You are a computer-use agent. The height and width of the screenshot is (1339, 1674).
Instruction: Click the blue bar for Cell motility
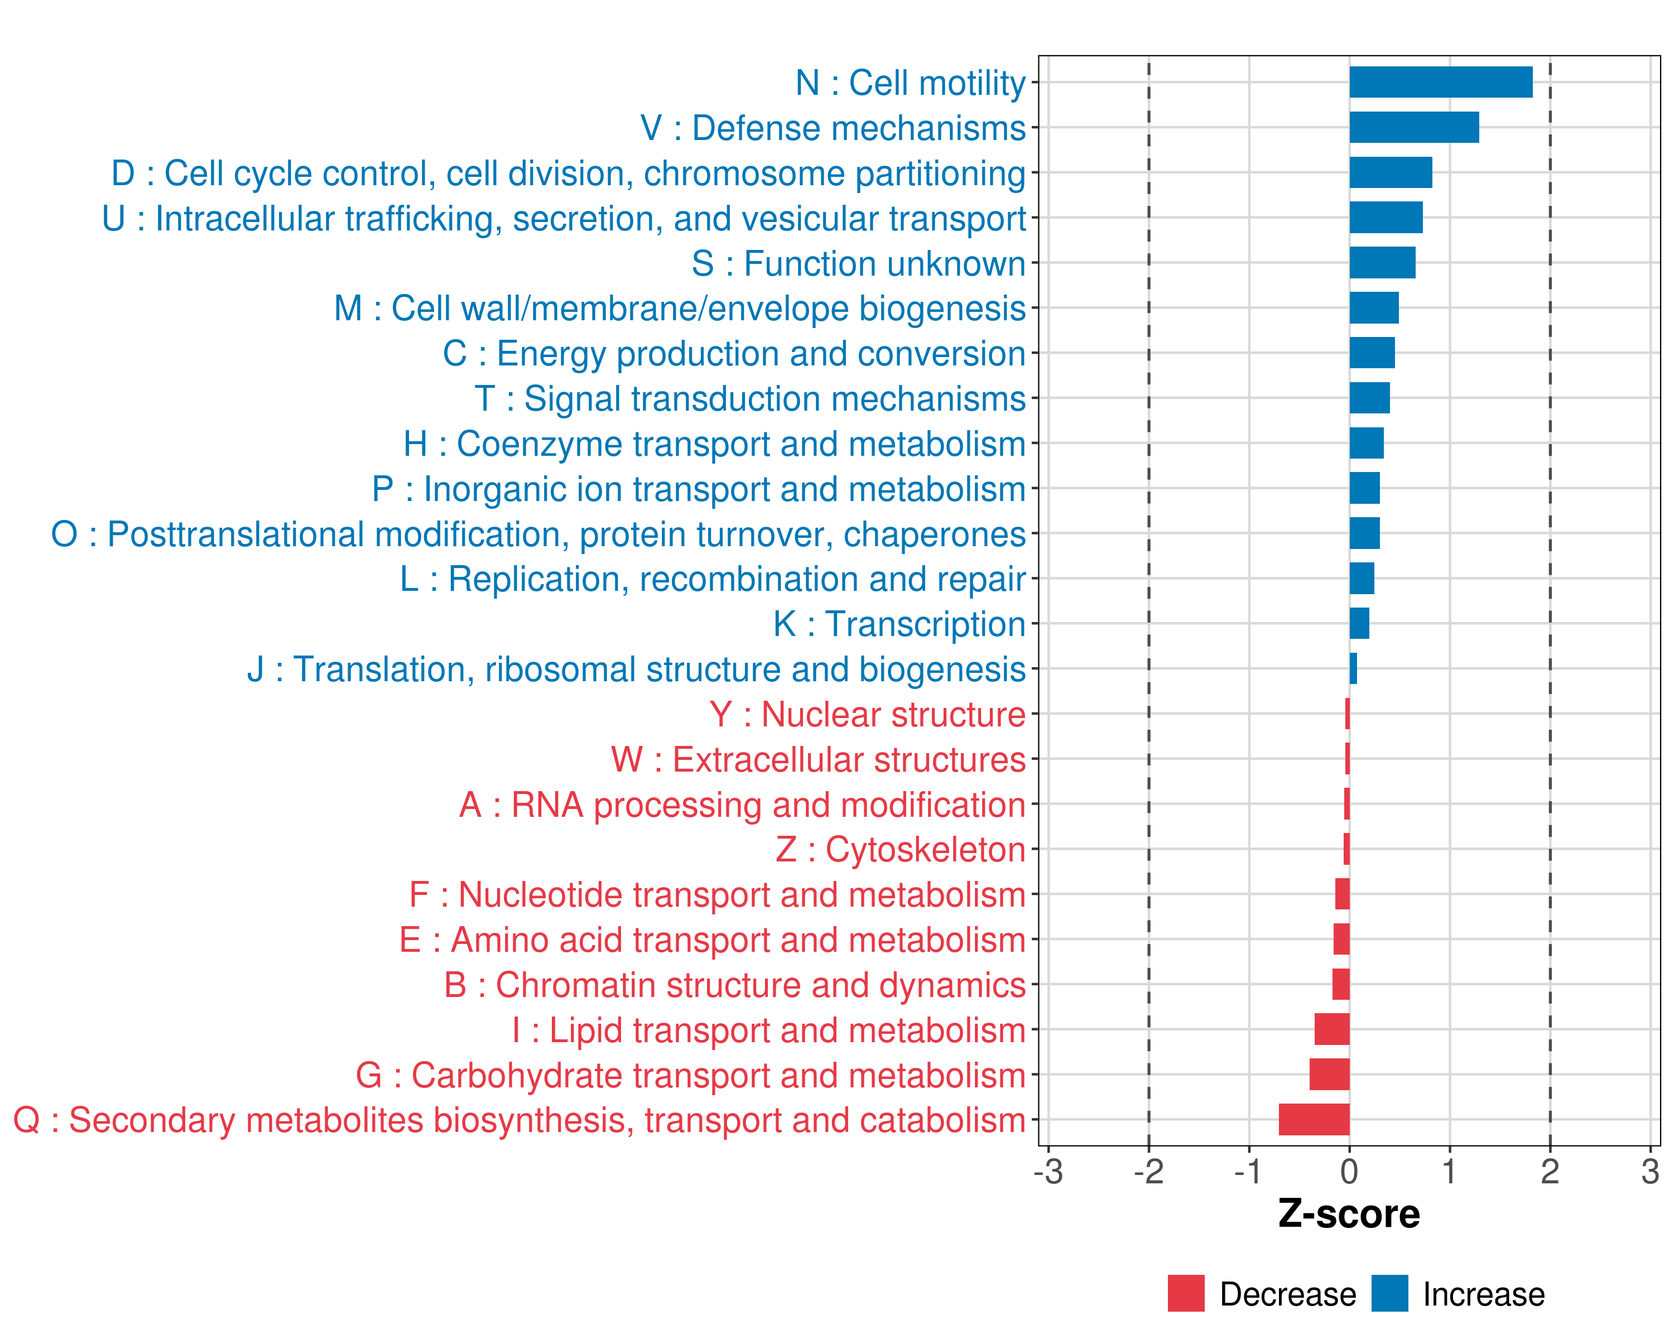(1440, 82)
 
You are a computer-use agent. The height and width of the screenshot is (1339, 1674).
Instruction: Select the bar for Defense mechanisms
(1413, 127)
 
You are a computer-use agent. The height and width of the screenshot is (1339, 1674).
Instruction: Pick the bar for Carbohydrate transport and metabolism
(1329, 1075)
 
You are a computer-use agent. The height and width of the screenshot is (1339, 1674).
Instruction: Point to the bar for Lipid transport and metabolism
(1331, 1029)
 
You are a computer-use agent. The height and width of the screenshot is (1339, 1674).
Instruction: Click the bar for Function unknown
(1382, 262)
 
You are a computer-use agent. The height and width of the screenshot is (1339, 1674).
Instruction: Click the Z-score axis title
(1349, 1214)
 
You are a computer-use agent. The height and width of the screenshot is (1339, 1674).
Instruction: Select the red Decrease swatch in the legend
(1186, 1293)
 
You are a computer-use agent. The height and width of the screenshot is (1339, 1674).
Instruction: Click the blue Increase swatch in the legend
(1389, 1293)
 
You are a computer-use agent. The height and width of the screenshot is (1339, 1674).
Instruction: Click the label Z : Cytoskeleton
(901, 850)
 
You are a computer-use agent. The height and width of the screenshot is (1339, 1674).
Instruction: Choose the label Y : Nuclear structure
(867, 715)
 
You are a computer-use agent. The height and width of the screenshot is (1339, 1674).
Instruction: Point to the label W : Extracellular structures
(819, 760)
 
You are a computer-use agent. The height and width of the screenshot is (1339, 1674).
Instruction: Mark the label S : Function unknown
(859, 264)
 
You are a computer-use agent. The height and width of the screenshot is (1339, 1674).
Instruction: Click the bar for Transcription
(1359, 623)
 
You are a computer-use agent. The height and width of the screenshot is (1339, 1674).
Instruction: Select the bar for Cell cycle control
(1391, 172)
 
